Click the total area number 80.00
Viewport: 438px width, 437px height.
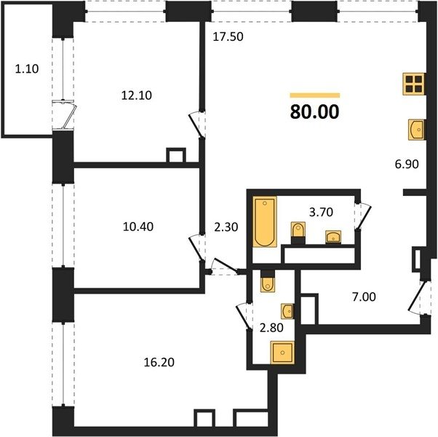coord(315,111)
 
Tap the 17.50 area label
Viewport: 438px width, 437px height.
coord(228,36)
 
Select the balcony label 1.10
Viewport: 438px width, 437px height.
coord(27,68)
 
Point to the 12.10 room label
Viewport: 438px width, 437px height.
coord(137,95)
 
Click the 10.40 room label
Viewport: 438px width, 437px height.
coord(138,227)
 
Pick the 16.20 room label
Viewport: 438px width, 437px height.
coord(159,362)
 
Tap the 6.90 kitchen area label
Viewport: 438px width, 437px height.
coord(407,164)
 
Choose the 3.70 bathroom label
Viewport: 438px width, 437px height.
coord(322,212)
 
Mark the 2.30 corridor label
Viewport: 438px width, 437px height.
coord(226,227)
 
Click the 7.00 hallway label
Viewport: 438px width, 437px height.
coord(364,296)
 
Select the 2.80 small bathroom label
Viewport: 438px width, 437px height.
coord(271,328)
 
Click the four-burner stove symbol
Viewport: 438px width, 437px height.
coord(414,84)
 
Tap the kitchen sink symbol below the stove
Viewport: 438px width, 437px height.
coord(416,130)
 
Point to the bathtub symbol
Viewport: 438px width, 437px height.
coord(265,222)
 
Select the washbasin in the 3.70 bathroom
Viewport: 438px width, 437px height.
coord(333,237)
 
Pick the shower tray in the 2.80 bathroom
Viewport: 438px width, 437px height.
coord(282,353)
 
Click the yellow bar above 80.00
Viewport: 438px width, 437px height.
coord(315,95)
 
